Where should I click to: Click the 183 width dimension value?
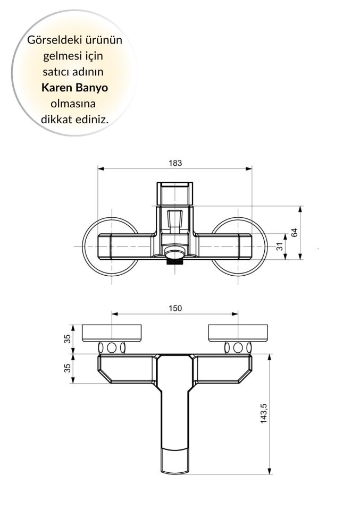coord(175,163)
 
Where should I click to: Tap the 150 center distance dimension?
coord(175,308)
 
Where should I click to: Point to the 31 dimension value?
coord(294,246)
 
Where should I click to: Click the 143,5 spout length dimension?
coord(279,414)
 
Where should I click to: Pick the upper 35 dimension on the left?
coord(67,338)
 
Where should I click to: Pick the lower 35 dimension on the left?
coord(67,368)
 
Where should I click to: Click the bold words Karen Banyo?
coord(74,87)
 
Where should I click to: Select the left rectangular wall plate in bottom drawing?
coord(112,333)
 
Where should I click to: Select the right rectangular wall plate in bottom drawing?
coord(238,333)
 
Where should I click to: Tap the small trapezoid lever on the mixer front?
coord(174,218)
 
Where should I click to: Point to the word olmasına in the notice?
coord(74,103)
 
